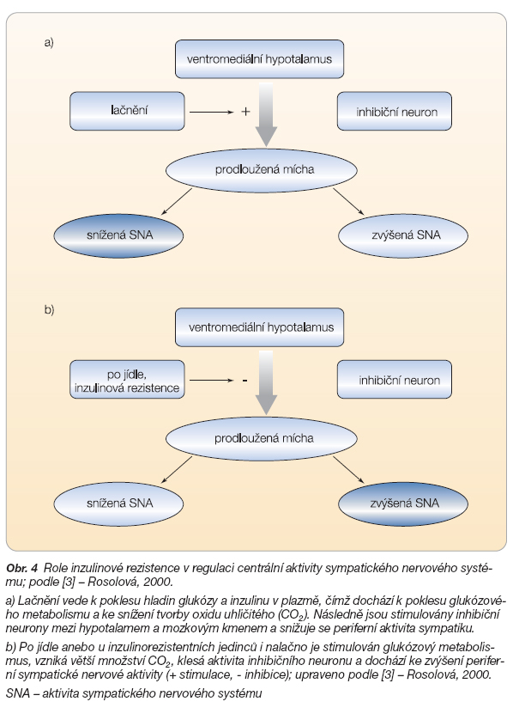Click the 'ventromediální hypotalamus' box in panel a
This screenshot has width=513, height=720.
tap(259, 58)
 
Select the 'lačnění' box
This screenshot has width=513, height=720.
tap(127, 111)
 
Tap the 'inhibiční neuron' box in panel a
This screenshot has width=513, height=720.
tap(395, 111)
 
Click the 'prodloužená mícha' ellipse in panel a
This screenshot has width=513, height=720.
tap(262, 170)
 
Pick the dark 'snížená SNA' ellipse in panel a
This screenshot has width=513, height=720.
tap(118, 235)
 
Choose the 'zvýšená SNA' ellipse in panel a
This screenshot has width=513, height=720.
tap(403, 235)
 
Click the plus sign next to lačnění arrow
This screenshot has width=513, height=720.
tap(245, 112)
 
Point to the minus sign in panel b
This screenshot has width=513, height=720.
tap(244, 381)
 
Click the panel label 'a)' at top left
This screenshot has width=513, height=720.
tap(49, 43)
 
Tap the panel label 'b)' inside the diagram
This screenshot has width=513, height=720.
tap(49, 310)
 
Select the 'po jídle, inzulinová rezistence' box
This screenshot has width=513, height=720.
tap(127, 379)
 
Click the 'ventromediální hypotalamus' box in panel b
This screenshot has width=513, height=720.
tap(259, 327)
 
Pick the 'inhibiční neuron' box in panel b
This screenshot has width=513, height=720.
tap(395, 379)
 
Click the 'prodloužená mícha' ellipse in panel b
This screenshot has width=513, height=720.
tap(262, 438)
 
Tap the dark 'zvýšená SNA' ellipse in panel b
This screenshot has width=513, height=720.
tap(403, 503)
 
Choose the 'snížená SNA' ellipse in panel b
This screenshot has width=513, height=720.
tap(118, 503)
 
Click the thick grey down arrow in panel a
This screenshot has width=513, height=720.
tap(266, 115)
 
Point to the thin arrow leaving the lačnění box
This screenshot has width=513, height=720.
tap(212, 112)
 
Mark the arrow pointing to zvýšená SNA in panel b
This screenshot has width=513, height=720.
tap(348, 470)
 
